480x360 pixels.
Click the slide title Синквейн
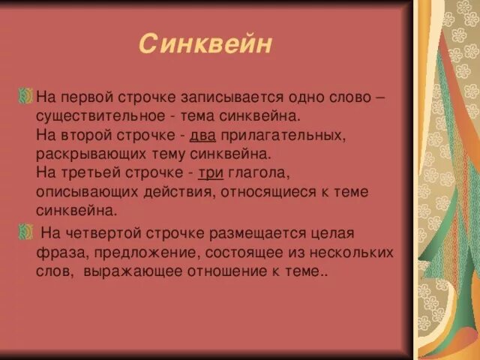pyautogui.click(x=205, y=45)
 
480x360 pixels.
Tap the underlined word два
pyautogui.click(x=202, y=136)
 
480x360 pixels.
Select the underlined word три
pyautogui.click(x=210, y=173)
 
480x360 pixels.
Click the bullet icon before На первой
pyautogui.click(x=26, y=97)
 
